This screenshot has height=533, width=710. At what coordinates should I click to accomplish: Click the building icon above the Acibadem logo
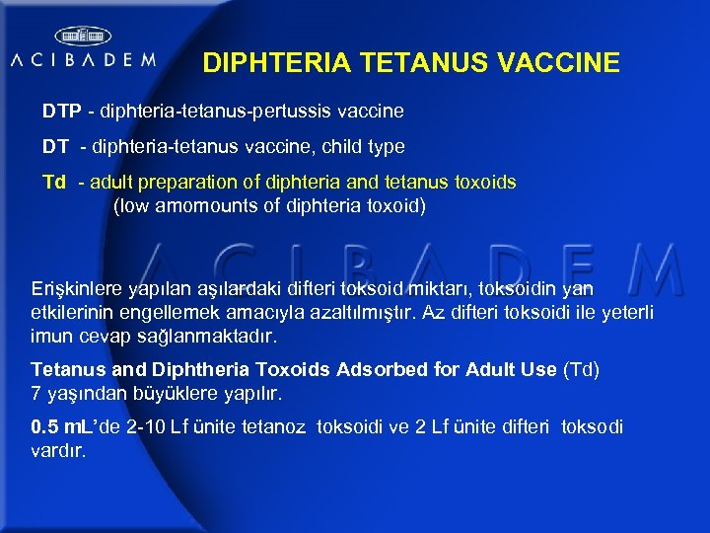82,36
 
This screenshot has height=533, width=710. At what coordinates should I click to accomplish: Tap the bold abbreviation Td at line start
54,183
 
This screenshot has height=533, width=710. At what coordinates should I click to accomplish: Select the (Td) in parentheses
581,370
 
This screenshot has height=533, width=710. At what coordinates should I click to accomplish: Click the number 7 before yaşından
36,394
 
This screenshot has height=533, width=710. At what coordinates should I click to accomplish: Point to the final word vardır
60,451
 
